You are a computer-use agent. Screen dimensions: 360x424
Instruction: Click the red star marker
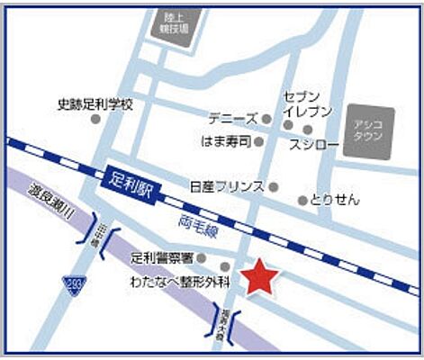click(x=258, y=277)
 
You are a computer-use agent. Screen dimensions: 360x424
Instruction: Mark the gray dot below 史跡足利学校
click(x=95, y=120)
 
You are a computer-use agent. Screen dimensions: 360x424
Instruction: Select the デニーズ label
click(x=232, y=118)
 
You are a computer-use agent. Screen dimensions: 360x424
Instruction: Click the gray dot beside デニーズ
click(x=266, y=118)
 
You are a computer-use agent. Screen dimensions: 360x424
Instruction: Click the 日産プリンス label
click(x=227, y=186)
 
